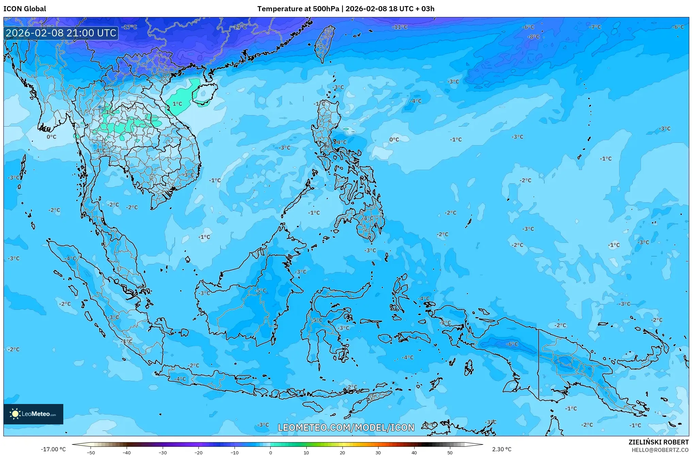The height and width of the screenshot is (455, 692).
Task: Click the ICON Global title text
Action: coord(25,9)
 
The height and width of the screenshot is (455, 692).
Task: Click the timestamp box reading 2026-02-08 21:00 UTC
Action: coord(61,33)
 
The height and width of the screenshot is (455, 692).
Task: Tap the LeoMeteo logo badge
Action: coord(33,414)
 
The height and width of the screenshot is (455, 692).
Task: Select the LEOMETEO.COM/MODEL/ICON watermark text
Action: coord(346,427)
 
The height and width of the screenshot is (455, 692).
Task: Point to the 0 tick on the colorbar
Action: coord(271,452)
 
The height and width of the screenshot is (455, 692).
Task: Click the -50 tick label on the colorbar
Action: coord(91,452)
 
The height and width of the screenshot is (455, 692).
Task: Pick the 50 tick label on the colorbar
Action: coord(450,452)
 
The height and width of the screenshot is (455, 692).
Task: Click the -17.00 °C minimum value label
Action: coord(53,449)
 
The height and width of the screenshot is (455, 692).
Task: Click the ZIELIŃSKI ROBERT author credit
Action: coord(658,442)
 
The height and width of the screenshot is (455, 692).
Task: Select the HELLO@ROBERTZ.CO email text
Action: coord(660,450)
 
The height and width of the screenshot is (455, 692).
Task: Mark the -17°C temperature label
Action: coord(129,27)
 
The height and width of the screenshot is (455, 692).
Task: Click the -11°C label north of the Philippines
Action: coord(400,27)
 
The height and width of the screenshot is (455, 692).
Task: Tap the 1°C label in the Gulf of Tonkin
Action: coord(177,104)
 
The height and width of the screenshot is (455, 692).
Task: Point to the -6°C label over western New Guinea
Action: coord(512,344)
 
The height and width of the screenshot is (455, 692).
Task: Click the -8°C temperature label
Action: coord(533,36)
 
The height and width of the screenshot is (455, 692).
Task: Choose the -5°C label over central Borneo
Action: coord(260,290)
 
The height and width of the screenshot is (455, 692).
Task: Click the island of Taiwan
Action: coord(323,43)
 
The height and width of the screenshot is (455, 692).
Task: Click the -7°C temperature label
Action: coord(595,27)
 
